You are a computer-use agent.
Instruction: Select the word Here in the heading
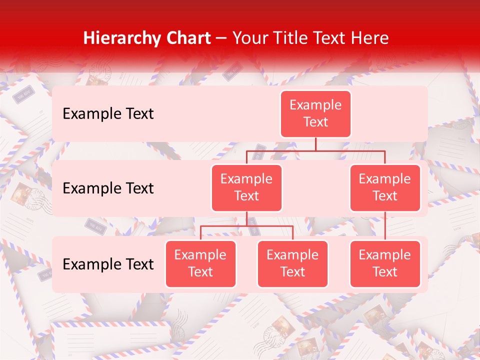370,38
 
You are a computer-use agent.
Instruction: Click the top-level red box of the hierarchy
315,113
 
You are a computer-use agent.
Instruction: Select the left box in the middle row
246,187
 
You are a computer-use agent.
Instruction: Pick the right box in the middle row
385,187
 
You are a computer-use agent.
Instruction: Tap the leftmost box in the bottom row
200,263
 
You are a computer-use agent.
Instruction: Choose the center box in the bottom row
292,263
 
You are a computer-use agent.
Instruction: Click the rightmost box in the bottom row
385,263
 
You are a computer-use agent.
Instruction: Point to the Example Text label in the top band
108,114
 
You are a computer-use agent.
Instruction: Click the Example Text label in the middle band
108,188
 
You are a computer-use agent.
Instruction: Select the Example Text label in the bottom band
108,264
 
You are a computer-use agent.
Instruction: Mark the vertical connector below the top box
315,144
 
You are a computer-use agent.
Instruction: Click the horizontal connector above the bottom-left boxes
246,226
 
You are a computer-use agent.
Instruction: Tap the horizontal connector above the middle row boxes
315,150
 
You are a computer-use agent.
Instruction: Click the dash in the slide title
221,38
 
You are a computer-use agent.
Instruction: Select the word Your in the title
249,38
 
